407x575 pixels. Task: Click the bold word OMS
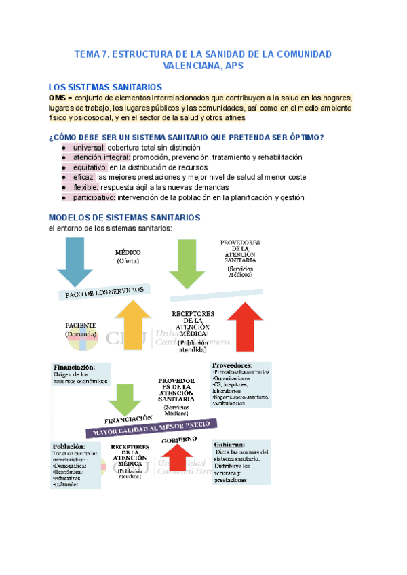click(57, 98)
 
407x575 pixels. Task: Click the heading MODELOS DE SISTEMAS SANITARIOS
click(124, 218)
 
